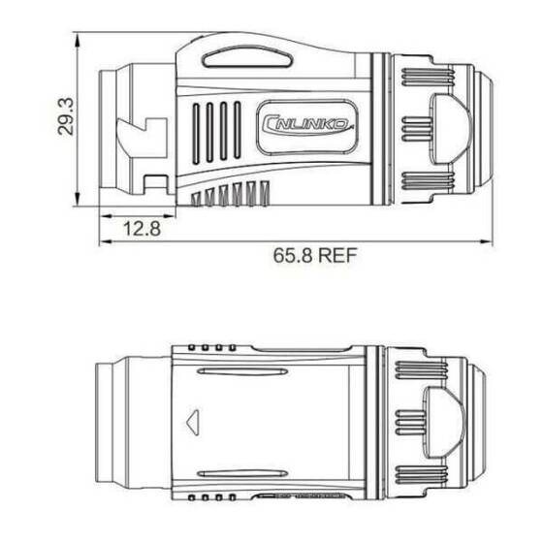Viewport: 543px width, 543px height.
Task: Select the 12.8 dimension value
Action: tap(142, 230)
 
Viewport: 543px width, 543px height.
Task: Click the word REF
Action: tap(335, 257)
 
